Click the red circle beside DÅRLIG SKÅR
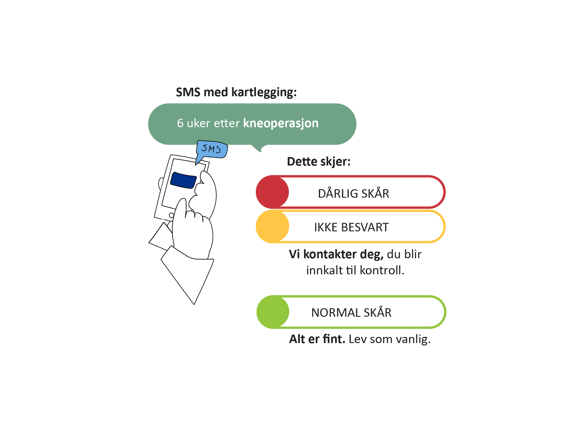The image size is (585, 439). pos(272,192)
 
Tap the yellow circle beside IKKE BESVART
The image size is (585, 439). pos(272,226)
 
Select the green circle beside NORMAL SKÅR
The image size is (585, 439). pos(273,312)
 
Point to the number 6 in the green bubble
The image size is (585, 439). pos(180,123)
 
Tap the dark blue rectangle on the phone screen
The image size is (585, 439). pos(183,180)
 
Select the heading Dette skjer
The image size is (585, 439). pos(319,162)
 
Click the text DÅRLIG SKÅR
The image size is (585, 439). pos(353,193)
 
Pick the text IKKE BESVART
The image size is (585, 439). pos(351,227)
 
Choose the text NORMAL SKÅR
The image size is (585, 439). pos(351,312)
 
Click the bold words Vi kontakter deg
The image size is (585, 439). pos(336,254)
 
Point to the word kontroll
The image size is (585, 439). pos(382,270)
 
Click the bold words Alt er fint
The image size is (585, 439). pos(317,339)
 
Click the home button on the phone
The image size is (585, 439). pos(172,215)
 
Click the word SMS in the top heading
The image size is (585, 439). pos(188,92)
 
